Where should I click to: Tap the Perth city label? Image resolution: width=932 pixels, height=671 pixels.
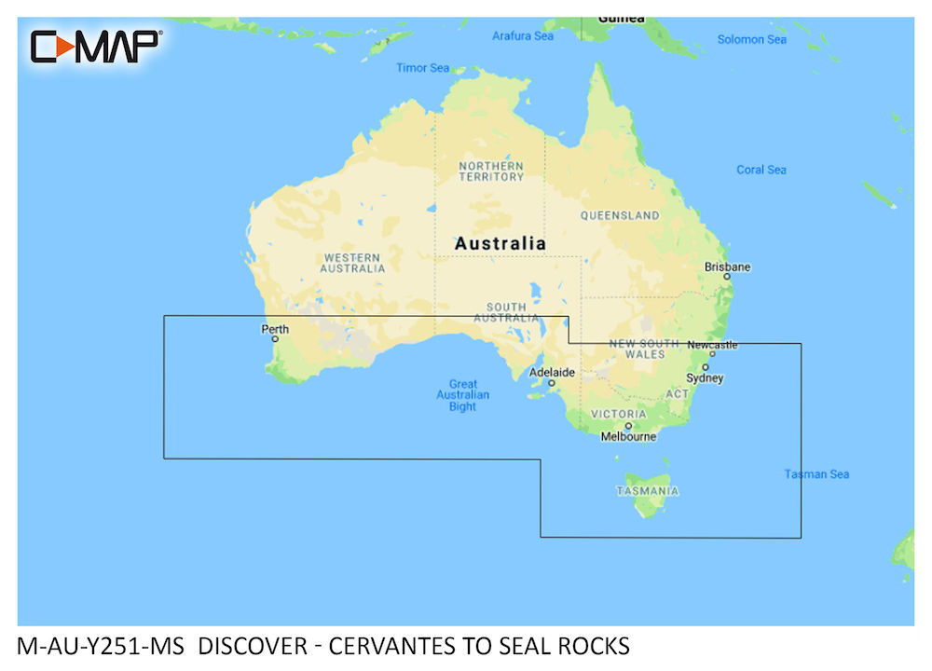point(275,329)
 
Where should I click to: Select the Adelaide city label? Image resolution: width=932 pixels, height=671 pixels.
point(552,372)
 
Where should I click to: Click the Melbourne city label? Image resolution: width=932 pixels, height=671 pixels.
point(628,436)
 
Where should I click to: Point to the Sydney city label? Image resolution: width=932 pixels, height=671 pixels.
point(705,377)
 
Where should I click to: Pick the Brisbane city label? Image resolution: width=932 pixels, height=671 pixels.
point(727,267)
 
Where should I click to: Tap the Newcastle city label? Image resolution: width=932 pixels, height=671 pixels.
point(712,345)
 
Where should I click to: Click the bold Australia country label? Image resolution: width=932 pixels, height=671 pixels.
point(500,243)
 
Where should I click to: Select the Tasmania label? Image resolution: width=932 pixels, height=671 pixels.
point(647,490)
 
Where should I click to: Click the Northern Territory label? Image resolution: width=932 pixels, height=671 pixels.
point(491,171)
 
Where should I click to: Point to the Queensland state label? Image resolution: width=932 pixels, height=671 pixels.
point(620,215)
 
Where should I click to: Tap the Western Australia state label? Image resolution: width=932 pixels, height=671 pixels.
point(352,263)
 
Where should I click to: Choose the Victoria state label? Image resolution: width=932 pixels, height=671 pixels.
point(618,414)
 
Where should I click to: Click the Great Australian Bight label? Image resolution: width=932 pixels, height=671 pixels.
point(462,395)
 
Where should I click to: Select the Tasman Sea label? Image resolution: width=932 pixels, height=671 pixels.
point(816,474)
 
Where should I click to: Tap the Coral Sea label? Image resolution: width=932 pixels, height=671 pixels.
point(761,170)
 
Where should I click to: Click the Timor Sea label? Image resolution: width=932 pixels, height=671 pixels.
point(422,68)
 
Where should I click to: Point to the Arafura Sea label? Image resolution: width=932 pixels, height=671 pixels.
point(522,36)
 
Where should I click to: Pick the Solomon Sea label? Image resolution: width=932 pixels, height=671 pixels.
point(752,39)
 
